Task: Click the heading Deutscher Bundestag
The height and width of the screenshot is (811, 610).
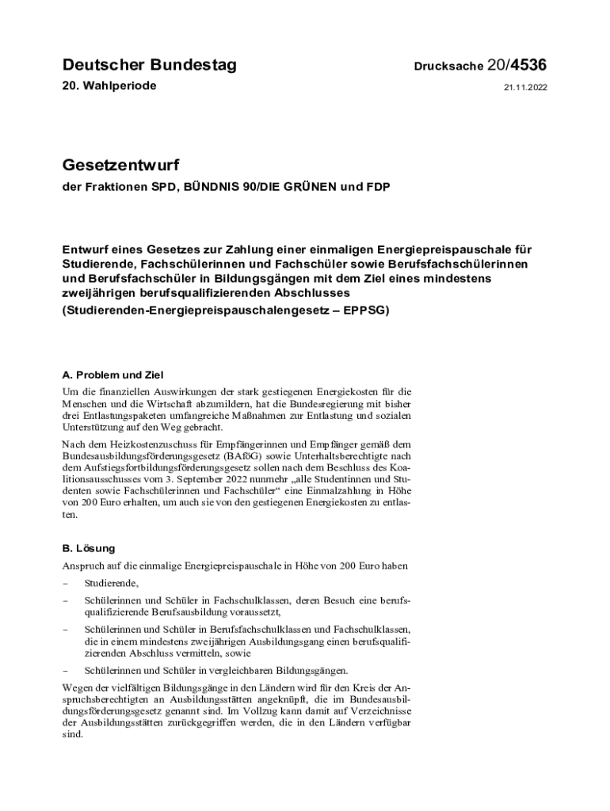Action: click(x=149, y=66)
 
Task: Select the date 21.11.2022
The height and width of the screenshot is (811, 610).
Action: click(x=525, y=88)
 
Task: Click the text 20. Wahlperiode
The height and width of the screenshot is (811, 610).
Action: click(x=109, y=86)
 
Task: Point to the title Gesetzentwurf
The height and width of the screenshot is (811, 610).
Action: click(x=120, y=166)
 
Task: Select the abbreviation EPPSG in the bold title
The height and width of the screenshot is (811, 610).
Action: click(x=364, y=310)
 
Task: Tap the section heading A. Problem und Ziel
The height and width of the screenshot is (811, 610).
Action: click(x=112, y=374)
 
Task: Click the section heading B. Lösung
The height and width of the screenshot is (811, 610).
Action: click(x=89, y=547)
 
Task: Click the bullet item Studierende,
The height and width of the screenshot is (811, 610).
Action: click(x=111, y=584)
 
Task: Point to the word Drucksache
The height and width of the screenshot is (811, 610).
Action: click(x=448, y=67)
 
